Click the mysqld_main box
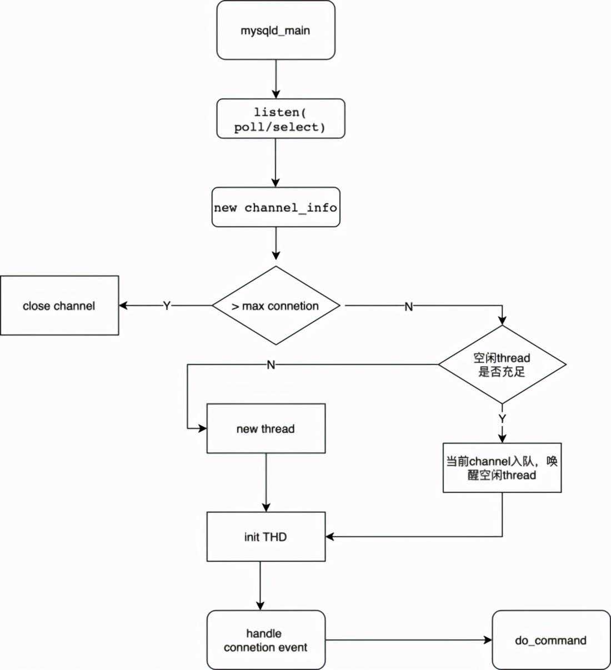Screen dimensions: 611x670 point(276,30)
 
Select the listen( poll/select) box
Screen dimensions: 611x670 point(281,118)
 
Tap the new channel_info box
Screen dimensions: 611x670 point(276,207)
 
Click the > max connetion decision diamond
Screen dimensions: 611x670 point(276,305)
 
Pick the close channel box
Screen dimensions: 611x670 point(59,305)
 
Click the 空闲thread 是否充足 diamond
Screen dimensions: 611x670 point(502,364)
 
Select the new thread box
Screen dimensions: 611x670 point(266,428)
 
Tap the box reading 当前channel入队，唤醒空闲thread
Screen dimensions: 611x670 point(502,468)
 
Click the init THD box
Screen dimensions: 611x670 point(266,537)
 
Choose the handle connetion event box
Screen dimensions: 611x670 point(266,640)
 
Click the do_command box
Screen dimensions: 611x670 point(551,640)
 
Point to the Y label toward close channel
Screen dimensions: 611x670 point(167,305)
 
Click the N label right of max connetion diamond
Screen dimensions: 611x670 point(409,307)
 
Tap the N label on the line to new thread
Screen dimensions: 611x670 point(271,365)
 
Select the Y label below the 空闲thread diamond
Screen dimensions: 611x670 point(502,418)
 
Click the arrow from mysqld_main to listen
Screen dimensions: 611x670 point(276,79)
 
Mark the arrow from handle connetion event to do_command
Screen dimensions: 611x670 point(409,640)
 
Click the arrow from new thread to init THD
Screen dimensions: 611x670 point(266,483)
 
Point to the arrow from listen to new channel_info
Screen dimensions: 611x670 point(276,163)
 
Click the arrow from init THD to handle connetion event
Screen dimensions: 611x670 point(261,586)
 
